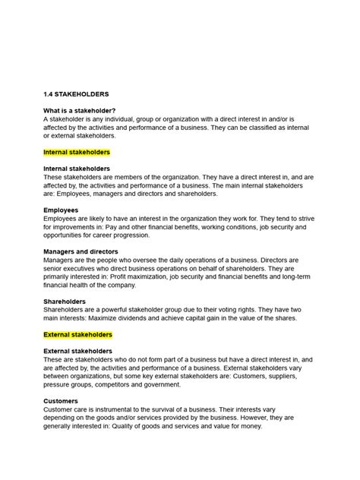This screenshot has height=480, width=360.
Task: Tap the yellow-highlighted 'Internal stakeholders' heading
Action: [x=78, y=152]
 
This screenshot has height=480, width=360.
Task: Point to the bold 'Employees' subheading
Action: [x=62, y=210]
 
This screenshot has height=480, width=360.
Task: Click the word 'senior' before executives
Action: [x=55, y=268]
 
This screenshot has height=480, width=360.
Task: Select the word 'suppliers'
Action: [x=293, y=375]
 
